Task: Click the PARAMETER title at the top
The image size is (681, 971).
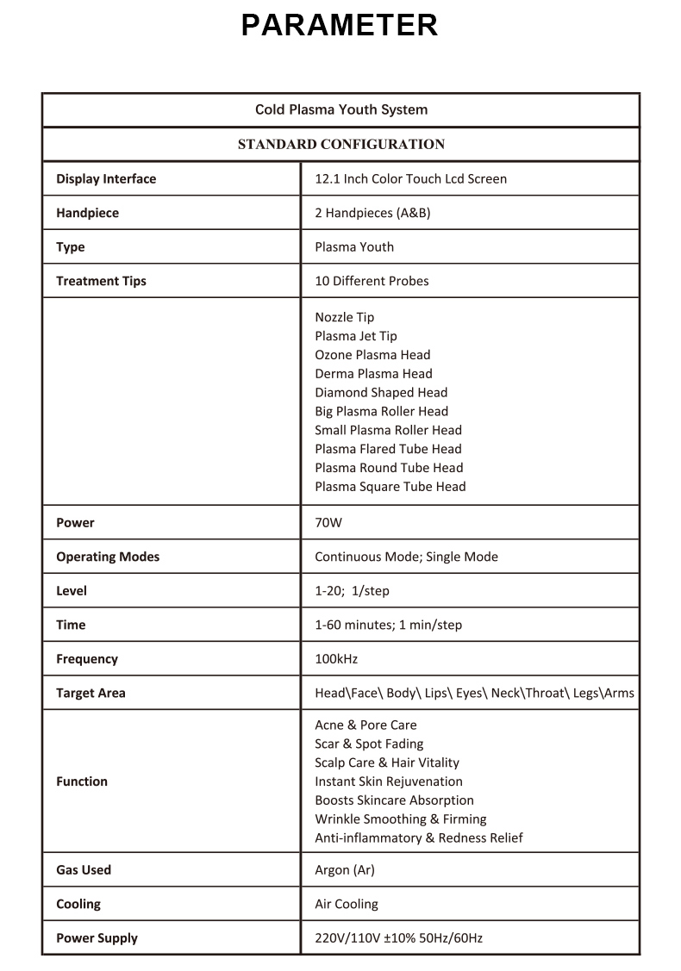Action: (x=340, y=25)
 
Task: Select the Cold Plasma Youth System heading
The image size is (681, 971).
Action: (x=340, y=109)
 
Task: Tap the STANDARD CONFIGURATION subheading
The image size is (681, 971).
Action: (x=340, y=144)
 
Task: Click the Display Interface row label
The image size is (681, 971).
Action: (x=106, y=179)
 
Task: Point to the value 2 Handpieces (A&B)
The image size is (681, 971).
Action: (x=372, y=213)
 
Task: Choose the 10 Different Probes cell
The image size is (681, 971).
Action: (x=372, y=281)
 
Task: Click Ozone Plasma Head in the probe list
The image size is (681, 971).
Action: (x=372, y=355)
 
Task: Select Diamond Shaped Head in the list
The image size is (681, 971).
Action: (x=381, y=392)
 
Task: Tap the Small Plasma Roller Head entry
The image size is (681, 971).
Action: (x=388, y=430)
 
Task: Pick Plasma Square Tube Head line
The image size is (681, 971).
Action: (x=390, y=487)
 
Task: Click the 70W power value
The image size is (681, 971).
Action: (x=328, y=523)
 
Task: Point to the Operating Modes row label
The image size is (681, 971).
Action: (x=108, y=557)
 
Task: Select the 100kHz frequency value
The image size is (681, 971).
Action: (x=336, y=659)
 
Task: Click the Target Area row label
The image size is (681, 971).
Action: (x=91, y=693)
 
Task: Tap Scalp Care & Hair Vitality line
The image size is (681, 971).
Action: (x=387, y=762)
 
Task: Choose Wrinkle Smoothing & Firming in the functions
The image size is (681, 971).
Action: (x=400, y=819)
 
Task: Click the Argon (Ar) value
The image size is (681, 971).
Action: (x=345, y=870)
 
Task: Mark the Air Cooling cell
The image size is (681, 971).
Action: (x=347, y=904)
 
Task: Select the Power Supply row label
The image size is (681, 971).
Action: (x=97, y=938)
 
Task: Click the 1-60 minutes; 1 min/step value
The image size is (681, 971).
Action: (x=388, y=625)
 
